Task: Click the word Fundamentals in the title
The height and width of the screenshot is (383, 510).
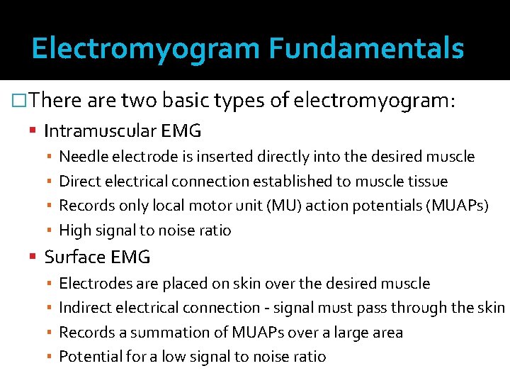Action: tap(366, 49)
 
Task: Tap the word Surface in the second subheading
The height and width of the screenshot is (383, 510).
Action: tap(72, 257)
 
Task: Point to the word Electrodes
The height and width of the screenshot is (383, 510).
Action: tap(94, 284)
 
